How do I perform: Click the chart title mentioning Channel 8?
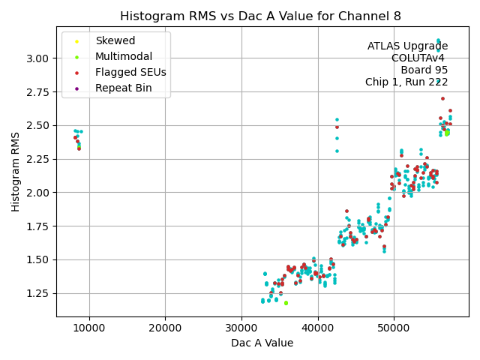tap(261, 16)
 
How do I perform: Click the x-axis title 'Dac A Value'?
tap(262, 343)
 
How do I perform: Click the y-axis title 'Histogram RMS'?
tap(16, 171)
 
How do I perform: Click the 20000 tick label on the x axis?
tap(166, 328)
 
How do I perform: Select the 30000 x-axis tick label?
tap(241, 328)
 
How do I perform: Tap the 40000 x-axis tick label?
tap(318, 328)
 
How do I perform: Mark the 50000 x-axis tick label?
tap(394, 328)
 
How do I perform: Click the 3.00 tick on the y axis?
tap(39, 58)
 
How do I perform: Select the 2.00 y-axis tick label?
tap(39, 193)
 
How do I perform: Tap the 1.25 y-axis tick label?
tap(39, 294)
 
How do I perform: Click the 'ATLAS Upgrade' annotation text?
tap(407, 46)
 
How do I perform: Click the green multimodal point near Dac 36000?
tap(286, 303)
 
